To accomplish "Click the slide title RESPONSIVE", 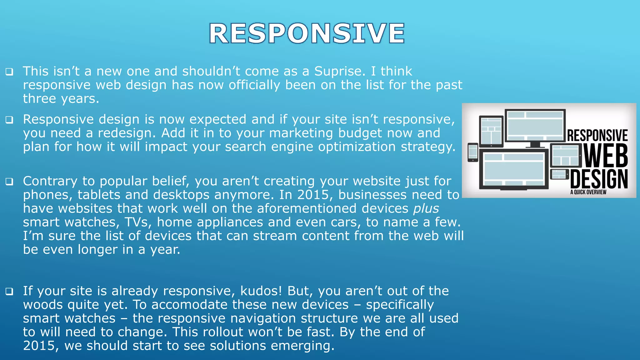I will pos(307,33).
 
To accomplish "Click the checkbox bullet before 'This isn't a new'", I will pos(9,72).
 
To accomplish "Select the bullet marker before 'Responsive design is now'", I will pos(9,120).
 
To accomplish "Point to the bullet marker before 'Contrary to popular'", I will pos(9,182).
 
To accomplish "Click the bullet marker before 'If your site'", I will pos(9,291).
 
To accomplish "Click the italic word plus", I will pos(426,209).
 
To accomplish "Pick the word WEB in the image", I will pos(606,156).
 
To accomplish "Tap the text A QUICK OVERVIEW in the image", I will pos(588,192).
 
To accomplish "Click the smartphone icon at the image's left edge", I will pos(472,152).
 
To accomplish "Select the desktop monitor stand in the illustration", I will pos(535,144).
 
